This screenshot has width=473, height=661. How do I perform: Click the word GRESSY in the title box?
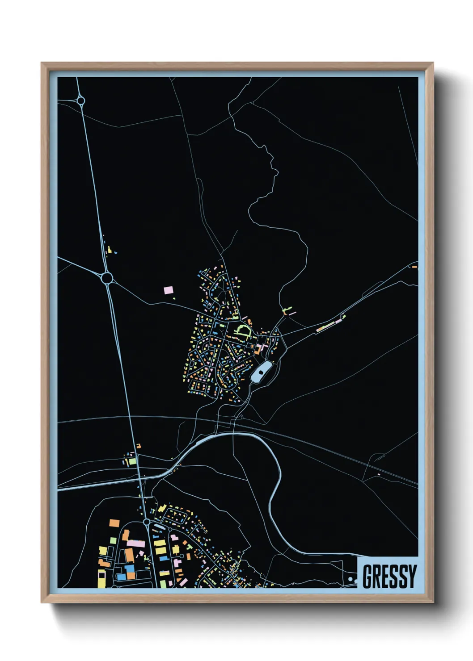(389, 576)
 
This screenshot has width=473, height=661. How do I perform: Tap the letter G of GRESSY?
(368, 576)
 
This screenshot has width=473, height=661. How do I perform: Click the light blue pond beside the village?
(261, 372)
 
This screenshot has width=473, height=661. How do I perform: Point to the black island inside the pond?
(261, 370)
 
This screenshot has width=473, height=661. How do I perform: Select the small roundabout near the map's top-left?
(81, 101)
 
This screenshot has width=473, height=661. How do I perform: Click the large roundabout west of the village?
(107, 278)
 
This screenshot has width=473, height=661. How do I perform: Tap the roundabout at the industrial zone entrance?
(147, 522)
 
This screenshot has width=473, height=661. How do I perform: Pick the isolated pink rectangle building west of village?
(169, 290)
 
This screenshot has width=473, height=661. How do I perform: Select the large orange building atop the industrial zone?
(114, 523)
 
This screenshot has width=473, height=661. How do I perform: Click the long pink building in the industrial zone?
(136, 544)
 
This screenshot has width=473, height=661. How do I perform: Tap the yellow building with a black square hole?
(102, 578)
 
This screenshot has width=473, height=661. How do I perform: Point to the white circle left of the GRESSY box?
(351, 579)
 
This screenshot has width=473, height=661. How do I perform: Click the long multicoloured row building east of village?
(330, 325)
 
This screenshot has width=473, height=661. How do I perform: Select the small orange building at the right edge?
(414, 267)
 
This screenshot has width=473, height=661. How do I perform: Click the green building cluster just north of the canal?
(131, 460)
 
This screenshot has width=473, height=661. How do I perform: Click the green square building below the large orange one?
(113, 540)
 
